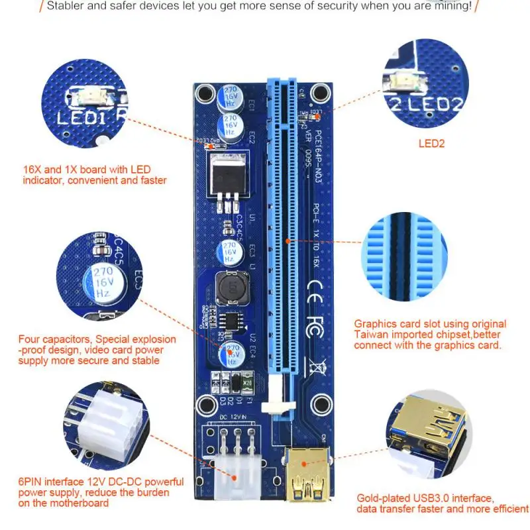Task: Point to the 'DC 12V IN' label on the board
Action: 227,417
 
